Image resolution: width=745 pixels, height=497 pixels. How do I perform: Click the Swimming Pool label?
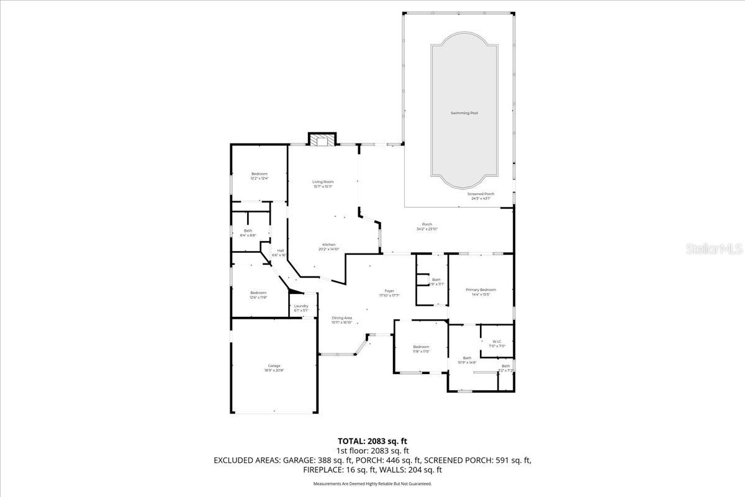tap(464, 113)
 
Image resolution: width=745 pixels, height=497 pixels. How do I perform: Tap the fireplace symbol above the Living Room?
tap(322, 140)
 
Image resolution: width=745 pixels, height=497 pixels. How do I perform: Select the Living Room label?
tap(323, 181)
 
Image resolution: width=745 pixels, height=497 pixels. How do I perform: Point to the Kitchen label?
tap(329, 244)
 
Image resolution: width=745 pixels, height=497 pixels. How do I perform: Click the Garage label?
tap(274, 365)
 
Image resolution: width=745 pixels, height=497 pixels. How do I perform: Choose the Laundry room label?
tap(301, 306)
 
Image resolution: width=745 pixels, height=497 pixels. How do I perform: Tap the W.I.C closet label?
tap(497, 341)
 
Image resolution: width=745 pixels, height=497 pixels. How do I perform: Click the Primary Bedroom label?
tap(481, 290)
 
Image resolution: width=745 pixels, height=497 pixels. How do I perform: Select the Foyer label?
tap(389, 291)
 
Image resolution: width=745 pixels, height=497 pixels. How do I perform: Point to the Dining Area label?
tap(341, 317)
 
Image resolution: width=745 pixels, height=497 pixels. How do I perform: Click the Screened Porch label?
tap(481, 194)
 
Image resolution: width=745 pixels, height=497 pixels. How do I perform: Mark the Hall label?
tap(281, 251)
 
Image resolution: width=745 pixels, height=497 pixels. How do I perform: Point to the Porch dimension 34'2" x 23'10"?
tap(427, 229)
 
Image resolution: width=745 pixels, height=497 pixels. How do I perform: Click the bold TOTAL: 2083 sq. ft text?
tap(372, 441)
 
